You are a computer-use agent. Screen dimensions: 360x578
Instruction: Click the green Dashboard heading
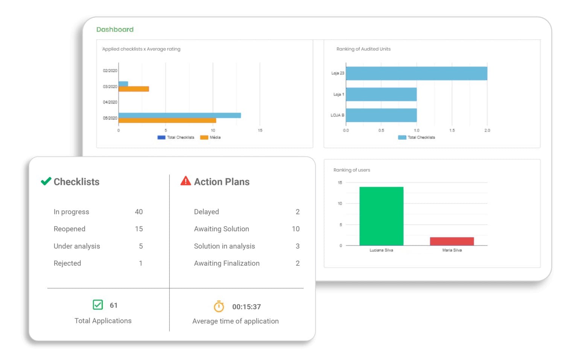115,29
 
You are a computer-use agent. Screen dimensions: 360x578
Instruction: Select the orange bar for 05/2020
167,121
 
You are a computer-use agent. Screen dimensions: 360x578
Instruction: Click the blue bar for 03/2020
123,84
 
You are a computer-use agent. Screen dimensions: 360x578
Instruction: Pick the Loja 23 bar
416,73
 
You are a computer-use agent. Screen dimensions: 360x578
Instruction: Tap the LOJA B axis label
337,115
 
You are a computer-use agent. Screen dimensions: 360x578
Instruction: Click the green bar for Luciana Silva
381,216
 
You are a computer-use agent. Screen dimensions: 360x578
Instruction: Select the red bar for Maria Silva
452,241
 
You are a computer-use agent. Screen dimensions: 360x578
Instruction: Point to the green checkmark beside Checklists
46,181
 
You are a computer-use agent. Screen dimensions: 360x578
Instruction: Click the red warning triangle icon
186,181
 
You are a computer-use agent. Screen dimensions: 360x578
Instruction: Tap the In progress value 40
139,212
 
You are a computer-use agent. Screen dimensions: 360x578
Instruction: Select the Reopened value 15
139,229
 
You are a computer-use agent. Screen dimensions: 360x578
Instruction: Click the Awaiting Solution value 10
296,229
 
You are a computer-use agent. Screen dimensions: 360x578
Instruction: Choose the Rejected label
67,263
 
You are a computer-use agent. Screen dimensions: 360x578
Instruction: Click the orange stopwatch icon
219,307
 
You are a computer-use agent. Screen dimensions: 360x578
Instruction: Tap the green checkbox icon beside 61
98,305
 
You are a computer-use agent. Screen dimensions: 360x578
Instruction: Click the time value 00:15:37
246,307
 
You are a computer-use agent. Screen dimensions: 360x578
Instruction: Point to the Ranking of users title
351,170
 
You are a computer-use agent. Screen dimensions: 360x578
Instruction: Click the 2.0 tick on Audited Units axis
487,130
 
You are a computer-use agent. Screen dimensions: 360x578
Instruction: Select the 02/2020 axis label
110,70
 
